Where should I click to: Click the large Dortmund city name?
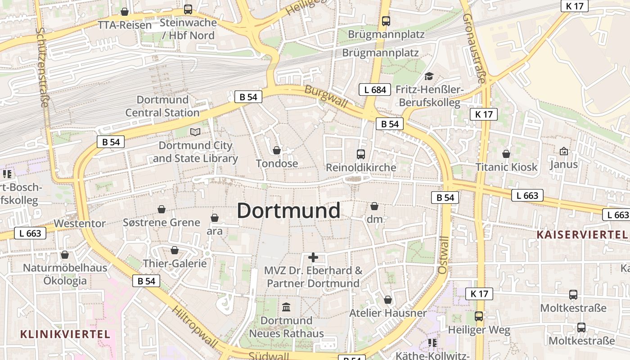[x=288, y=211]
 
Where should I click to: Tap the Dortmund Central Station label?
[x=162, y=106]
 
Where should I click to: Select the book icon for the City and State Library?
[x=195, y=132]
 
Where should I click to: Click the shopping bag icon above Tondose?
[x=277, y=150]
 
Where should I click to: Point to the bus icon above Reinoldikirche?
[x=360, y=154]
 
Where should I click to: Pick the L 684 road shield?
[x=375, y=90]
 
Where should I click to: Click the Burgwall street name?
[x=326, y=96]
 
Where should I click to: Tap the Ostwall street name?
[x=443, y=255]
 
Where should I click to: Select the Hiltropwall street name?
[x=195, y=326]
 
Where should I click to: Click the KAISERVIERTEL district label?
[x=582, y=234]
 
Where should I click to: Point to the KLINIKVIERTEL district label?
[x=65, y=334]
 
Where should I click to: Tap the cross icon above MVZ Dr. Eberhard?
[x=313, y=257]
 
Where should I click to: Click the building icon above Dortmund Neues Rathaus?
[x=286, y=307]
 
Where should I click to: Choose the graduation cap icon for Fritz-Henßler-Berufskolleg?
[x=429, y=76]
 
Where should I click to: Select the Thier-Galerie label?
[x=175, y=263]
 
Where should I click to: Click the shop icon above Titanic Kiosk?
[x=506, y=154]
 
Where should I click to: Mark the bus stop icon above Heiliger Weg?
[x=479, y=316]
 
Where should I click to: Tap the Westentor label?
[x=80, y=223]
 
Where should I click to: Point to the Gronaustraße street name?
[x=474, y=48]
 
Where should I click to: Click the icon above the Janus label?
[x=563, y=151]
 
